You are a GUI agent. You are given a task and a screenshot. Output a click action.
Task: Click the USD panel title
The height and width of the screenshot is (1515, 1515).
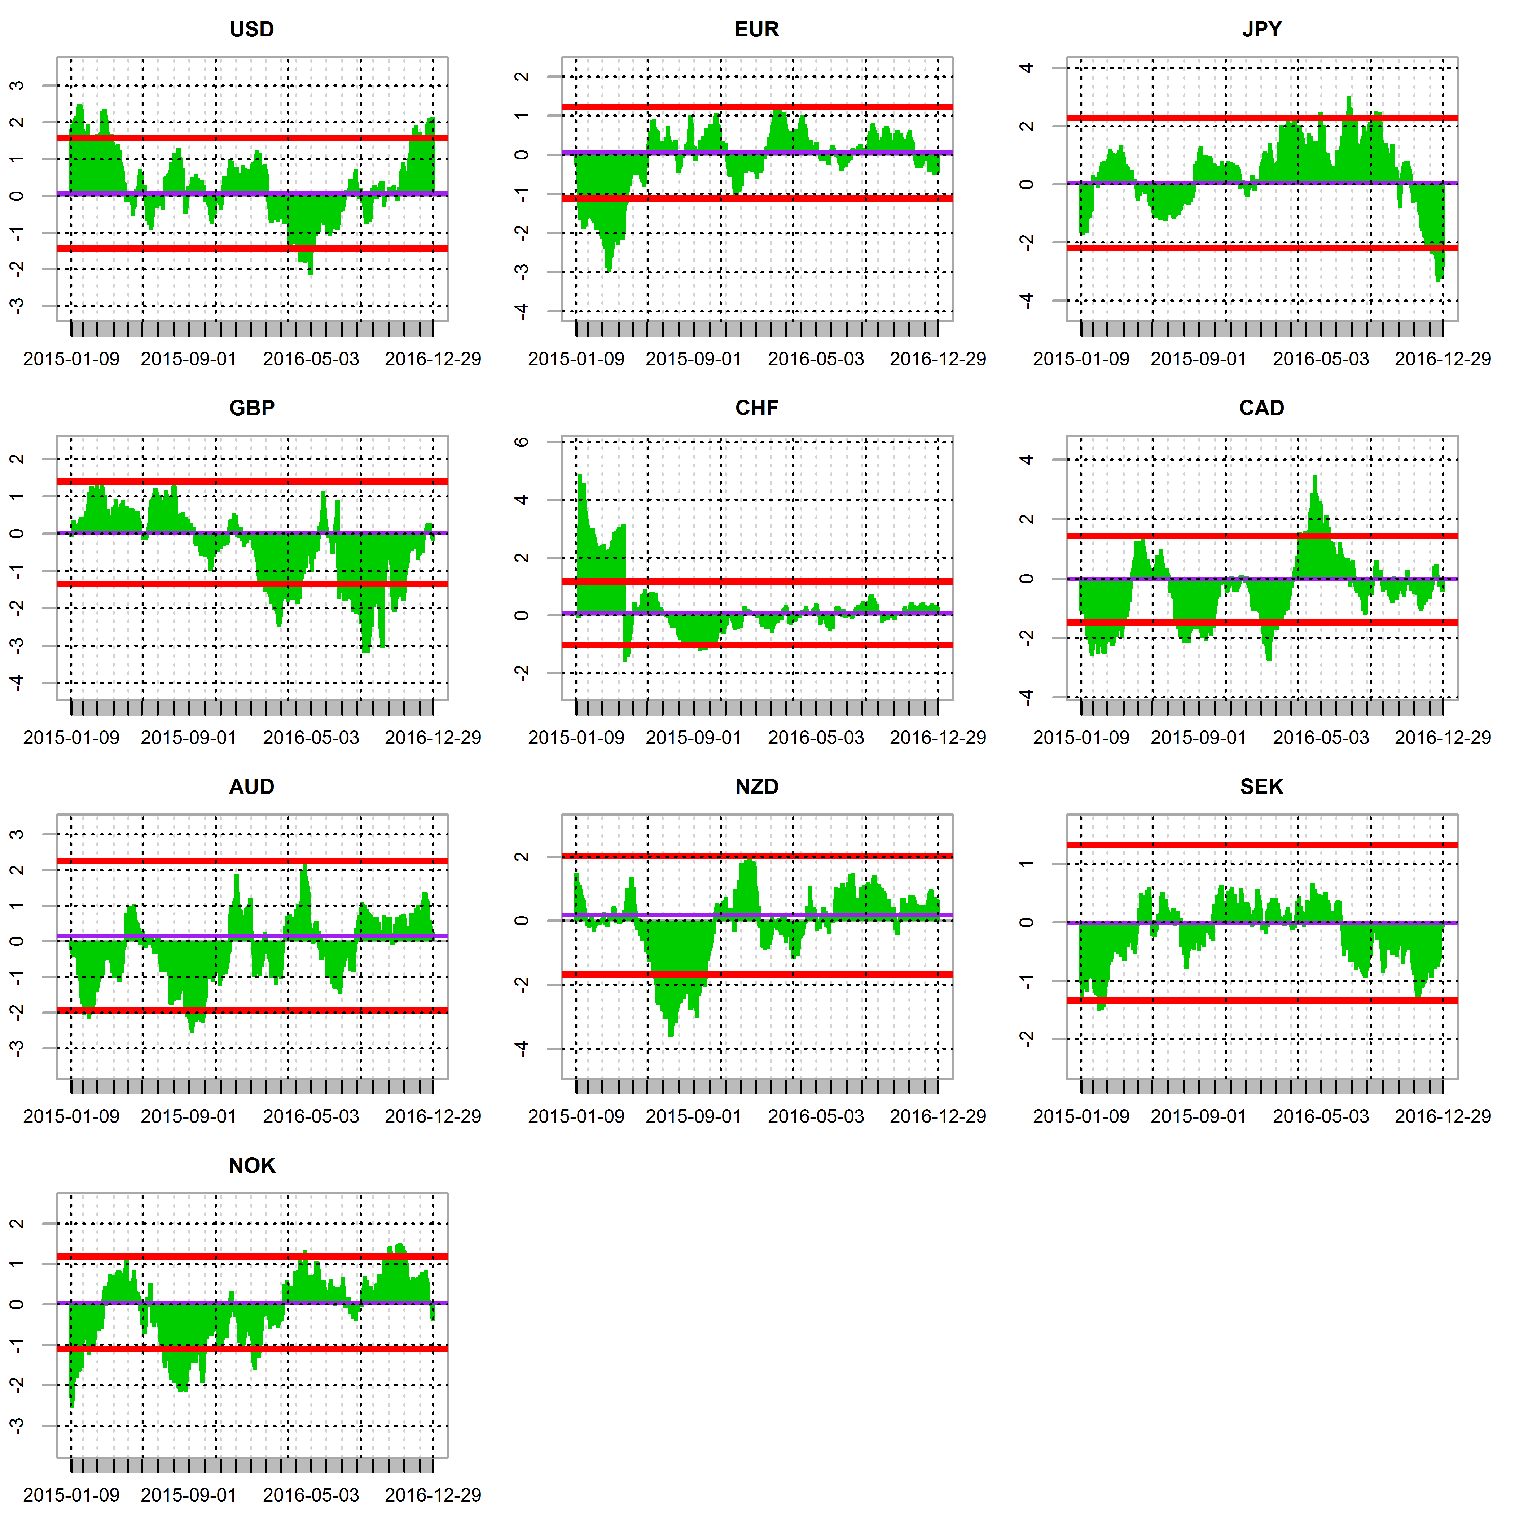(252, 30)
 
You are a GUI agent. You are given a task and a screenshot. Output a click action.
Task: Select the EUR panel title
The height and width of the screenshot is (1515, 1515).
(757, 30)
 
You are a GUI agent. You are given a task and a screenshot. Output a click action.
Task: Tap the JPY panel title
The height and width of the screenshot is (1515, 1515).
(1262, 30)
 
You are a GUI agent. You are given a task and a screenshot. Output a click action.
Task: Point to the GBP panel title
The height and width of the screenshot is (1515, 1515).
(252, 409)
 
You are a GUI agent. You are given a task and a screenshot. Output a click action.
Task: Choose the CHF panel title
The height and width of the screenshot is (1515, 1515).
(757, 409)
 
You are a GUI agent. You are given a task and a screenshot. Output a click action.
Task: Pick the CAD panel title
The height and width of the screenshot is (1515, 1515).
(1262, 409)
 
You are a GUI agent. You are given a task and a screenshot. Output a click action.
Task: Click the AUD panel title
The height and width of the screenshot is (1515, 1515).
(252, 787)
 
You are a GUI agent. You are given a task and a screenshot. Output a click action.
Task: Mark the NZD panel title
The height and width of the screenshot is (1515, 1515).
(757, 787)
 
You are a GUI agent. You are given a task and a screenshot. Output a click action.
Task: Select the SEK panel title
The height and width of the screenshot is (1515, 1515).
(1262, 787)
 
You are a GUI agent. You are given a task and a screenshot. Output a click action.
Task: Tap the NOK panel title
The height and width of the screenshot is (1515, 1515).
(252, 1166)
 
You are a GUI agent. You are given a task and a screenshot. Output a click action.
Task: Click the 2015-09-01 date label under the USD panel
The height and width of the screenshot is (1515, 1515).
(188, 359)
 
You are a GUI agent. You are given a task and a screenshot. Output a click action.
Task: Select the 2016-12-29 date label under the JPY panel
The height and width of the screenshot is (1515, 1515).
(1443, 359)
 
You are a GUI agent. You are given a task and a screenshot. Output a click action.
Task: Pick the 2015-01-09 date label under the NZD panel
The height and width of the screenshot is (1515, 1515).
(576, 1117)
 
